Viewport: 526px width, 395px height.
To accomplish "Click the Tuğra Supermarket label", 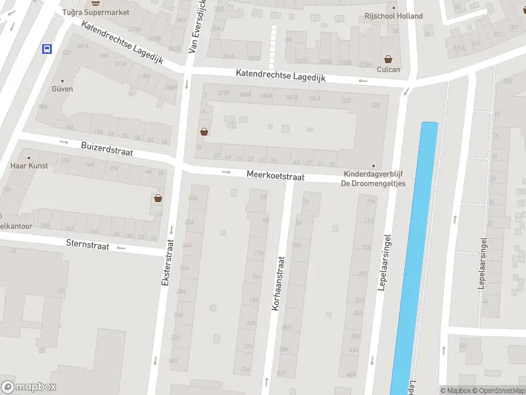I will [x=95, y=13].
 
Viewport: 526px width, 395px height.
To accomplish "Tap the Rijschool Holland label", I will [x=394, y=16].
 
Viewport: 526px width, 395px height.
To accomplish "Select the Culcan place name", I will [x=388, y=69].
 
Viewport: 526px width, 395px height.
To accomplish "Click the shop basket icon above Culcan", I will [x=388, y=59].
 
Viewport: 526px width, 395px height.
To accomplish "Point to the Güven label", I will [x=62, y=89].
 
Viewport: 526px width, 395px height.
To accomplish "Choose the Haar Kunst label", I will [x=29, y=166].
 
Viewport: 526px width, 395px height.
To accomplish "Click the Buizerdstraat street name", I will [x=107, y=149].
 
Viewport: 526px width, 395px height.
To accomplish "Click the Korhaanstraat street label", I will [x=279, y=284].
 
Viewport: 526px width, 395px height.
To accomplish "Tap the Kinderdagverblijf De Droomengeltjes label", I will [x=373, y=178].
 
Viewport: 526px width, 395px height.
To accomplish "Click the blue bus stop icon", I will [x=47, y=49].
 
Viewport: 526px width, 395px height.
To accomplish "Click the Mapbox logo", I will [x=29, y=387].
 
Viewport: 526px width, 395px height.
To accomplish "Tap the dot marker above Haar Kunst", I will [x=29, y=158].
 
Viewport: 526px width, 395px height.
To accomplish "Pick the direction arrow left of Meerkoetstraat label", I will [x=226, y=172].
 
